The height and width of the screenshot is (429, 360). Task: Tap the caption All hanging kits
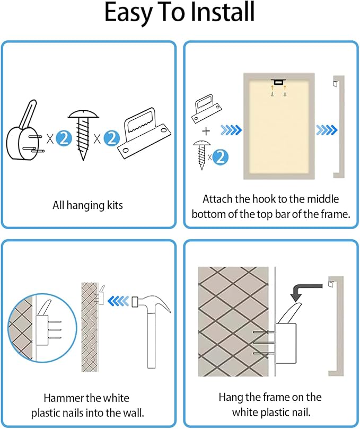click(88, 205)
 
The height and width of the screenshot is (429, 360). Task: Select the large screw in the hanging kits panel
click(83, 135)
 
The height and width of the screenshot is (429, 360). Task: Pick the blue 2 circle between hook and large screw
click(64, 139)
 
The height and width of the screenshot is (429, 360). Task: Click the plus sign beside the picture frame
click(206, 132)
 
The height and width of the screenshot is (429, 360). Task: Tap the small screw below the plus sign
click(202, 155)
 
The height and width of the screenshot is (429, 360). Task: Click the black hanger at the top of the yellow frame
click(278, 82)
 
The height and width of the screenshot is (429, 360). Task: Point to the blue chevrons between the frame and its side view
click(327, 130)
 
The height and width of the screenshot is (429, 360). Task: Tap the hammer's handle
click(151, 340)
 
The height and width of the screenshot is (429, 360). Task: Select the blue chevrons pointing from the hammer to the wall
click(118, 301)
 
